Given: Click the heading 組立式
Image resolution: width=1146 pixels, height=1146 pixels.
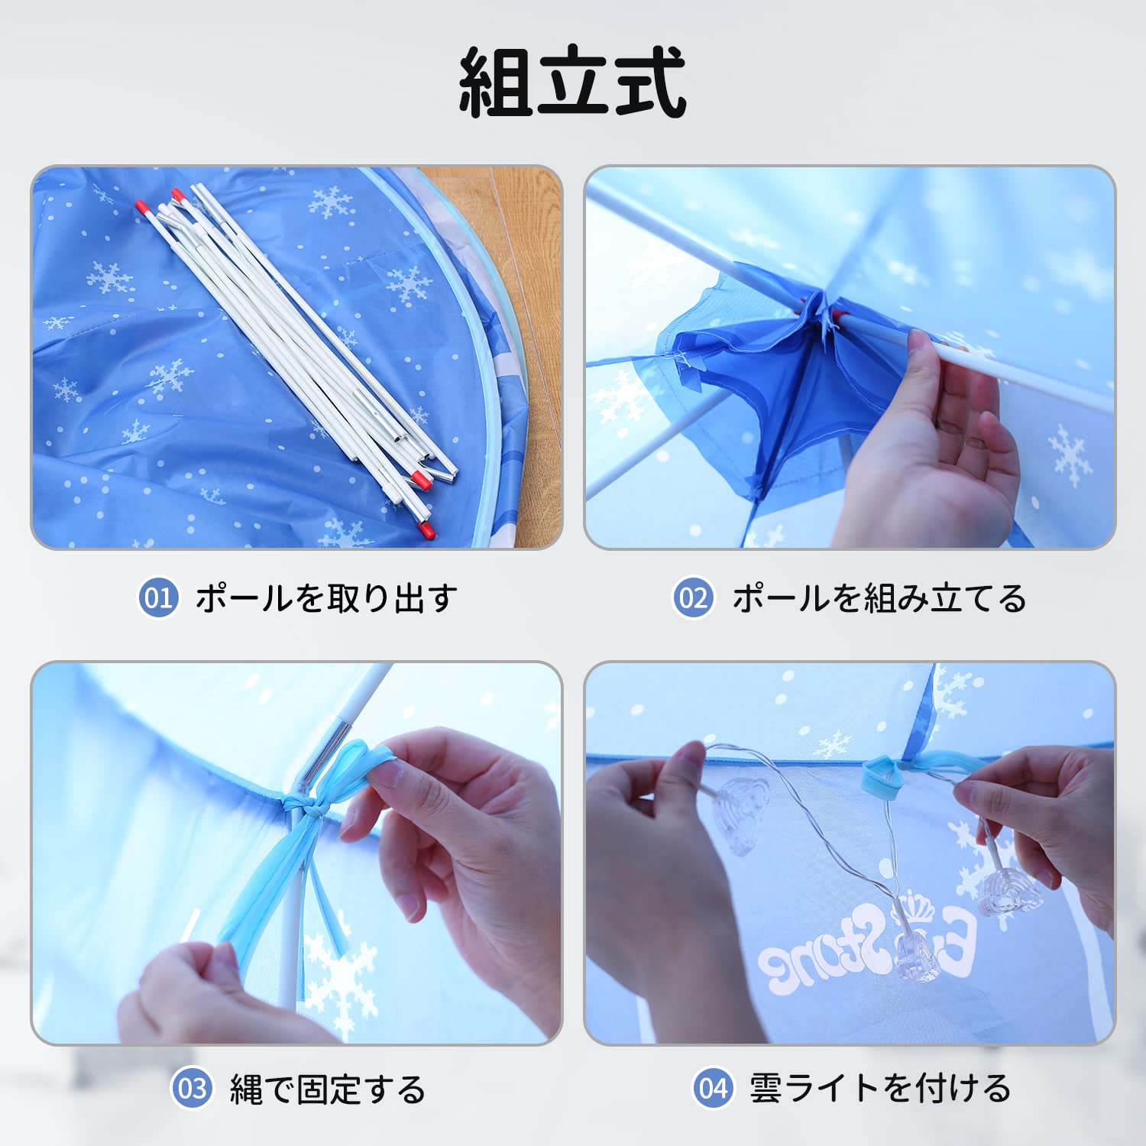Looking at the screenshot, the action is tap(572, 82).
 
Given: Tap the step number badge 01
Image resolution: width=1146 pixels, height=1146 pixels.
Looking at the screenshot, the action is tap(158, 597).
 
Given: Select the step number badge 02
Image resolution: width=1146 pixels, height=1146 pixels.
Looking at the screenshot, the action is tap(694, 597).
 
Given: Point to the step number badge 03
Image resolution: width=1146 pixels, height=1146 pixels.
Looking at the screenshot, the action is tap(192, 1088).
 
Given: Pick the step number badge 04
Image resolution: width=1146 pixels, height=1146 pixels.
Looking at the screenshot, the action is tap(714, 1088).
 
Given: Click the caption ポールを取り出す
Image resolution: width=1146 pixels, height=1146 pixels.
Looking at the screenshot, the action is tap(326, 597).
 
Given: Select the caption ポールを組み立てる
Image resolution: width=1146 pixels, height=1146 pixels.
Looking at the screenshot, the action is tap(879, 597).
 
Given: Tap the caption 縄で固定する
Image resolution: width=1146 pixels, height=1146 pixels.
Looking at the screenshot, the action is tap(328, 1089).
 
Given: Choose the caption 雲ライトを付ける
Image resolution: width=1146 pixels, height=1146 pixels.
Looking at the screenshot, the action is tap(880, 1088).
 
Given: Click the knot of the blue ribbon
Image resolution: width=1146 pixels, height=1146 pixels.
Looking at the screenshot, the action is tap(300, 806).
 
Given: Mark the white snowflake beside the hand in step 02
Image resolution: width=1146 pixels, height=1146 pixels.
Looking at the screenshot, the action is tap(1070, 455).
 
